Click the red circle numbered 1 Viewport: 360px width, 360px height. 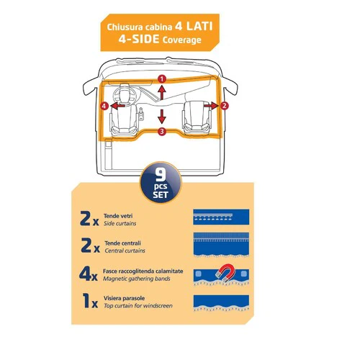162,78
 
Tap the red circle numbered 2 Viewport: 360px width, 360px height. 224,106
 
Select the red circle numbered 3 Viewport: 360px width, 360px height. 162,131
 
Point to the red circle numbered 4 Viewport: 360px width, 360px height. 104,106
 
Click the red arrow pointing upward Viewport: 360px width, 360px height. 162,93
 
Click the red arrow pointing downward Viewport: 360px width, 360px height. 162,117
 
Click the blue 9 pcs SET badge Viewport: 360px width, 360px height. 161,183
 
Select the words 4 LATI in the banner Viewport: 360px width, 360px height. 194,26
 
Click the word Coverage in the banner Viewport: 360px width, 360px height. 181,40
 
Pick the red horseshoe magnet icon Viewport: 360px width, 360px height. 225,273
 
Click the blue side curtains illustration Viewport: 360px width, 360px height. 221,217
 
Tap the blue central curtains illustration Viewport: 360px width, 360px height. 221,245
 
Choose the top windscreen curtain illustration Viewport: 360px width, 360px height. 221,303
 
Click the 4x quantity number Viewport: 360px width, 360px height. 89,274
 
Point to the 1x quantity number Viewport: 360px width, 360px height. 90,301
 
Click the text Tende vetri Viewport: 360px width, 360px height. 118,216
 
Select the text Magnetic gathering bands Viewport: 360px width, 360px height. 137,279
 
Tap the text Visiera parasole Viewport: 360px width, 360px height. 124,298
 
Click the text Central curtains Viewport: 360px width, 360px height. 125,251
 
